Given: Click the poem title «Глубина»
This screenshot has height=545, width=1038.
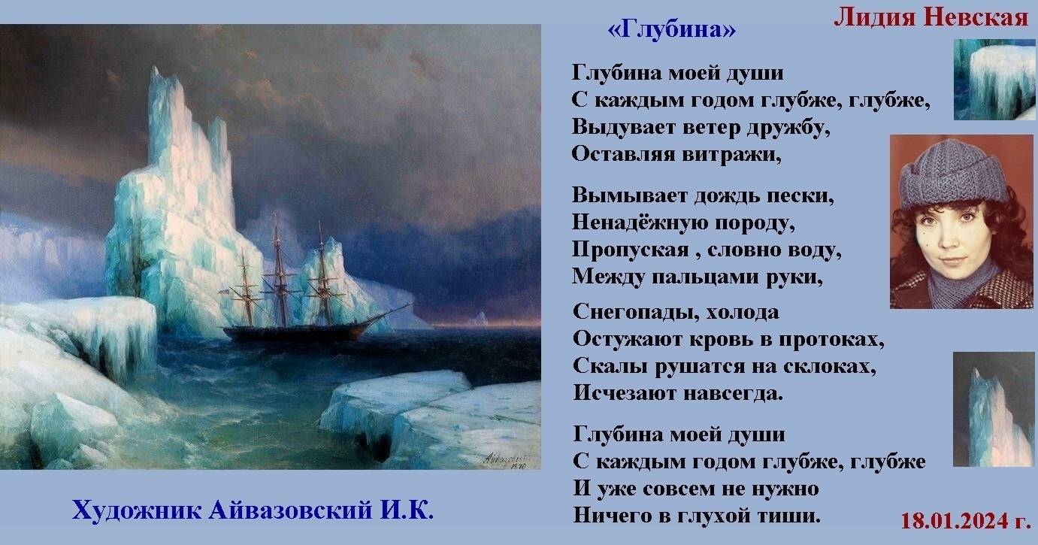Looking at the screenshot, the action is click(671, 29).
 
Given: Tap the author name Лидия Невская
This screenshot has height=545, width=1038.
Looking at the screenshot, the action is click(931, 17).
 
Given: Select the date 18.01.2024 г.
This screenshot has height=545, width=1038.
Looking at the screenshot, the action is click(966, 521).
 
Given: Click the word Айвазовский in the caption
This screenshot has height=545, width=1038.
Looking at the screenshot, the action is click(291, 510).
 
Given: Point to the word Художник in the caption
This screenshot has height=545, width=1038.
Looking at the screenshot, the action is click(137, 510).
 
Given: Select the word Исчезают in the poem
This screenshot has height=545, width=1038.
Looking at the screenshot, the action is click(625, 393).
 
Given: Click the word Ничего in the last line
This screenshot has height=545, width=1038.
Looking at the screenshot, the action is click(610, 516).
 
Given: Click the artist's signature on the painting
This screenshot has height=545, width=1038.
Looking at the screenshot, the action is click(506, 461).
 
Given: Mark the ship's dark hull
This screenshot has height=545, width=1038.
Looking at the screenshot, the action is click(297, 334).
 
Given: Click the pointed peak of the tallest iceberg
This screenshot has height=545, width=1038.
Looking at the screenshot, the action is click(153, 69).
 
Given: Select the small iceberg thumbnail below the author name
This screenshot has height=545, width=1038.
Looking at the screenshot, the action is click(994, 79).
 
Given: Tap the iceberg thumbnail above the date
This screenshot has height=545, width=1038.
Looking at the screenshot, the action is click(994, 409).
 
